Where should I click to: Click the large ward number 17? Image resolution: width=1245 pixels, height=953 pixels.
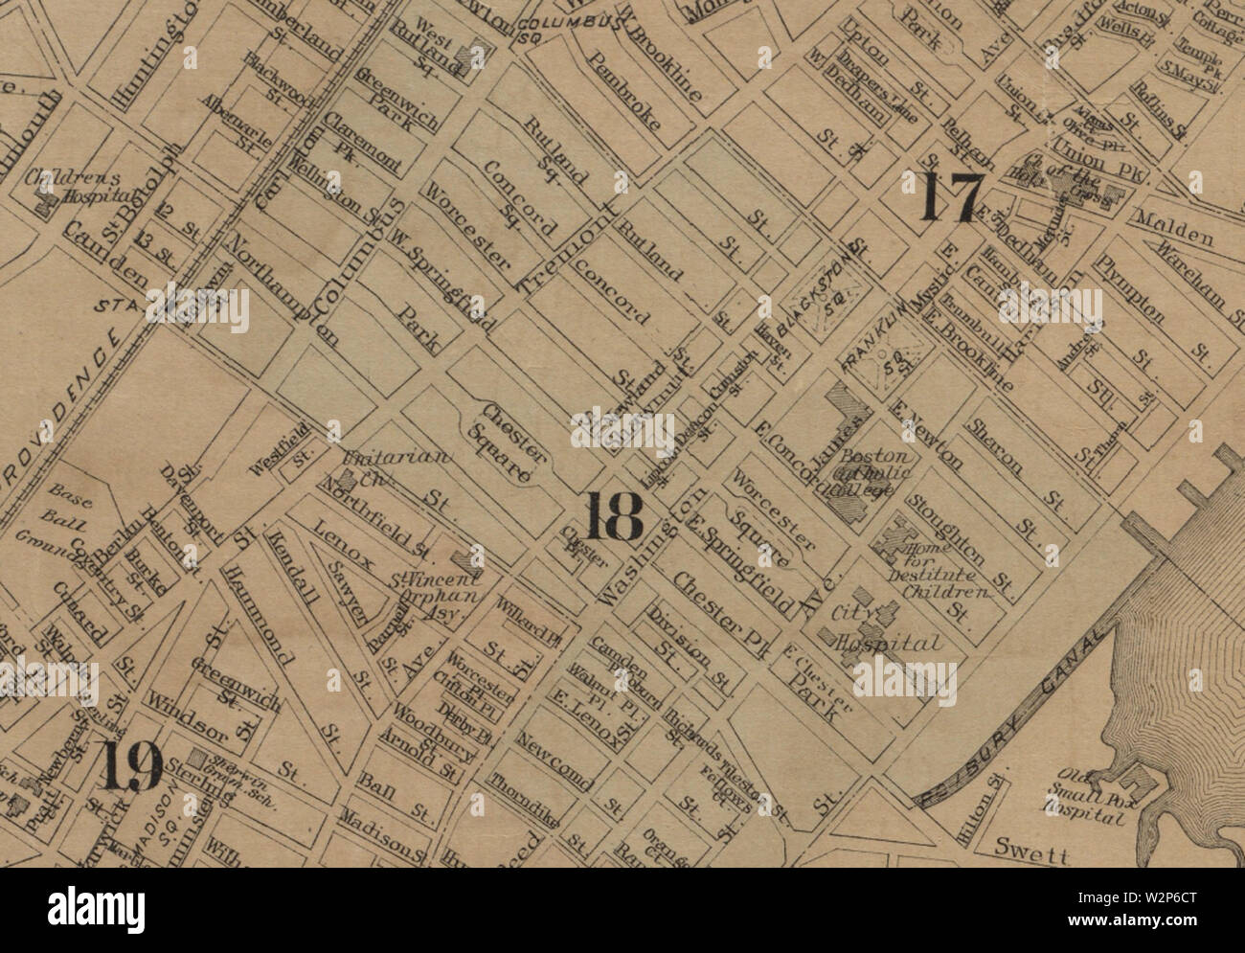click(951, 198)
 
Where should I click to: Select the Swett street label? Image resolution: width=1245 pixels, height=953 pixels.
click(1030, 847)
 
